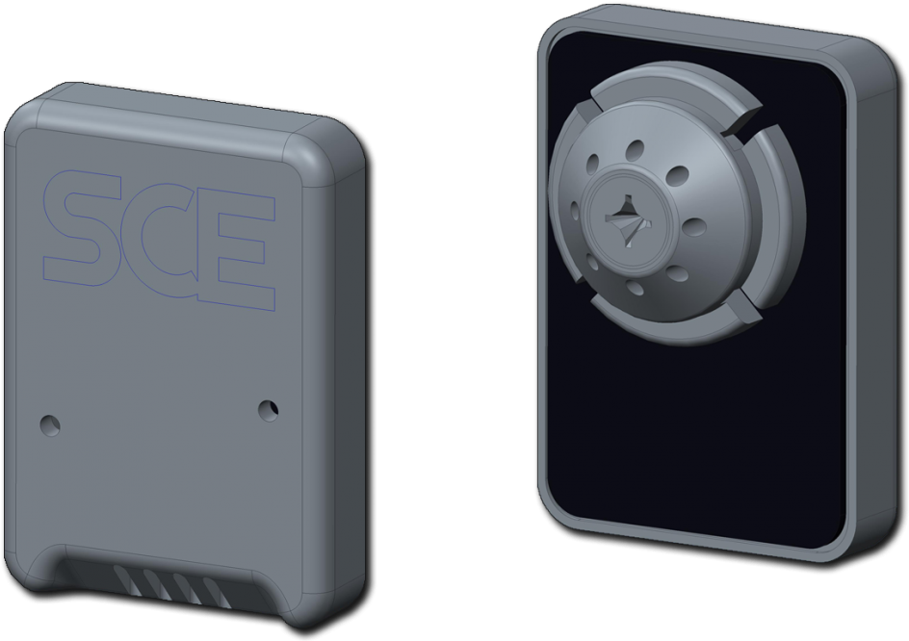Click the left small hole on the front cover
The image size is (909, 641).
(x=48, y=423)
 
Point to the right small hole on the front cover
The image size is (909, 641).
(x=269, y=410)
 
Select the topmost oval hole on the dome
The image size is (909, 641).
(x=635, y=150)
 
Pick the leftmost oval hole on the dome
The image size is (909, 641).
(x=576, y=213)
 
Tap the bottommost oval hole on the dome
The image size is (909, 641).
(x=637, y=288)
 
